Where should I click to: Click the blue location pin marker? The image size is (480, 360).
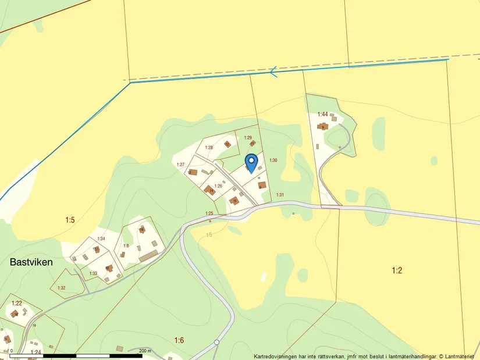(251, 161)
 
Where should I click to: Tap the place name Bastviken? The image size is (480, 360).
(31, 262)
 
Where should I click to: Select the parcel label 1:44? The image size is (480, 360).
(322, 115)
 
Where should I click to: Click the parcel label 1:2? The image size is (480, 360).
(397, 270)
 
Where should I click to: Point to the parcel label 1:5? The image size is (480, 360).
(70, 220)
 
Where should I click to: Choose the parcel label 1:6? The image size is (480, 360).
(179, 340)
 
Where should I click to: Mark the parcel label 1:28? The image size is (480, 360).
(209, 148)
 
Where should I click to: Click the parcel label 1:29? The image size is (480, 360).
(248, 138)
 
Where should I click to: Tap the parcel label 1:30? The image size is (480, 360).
(273, 160)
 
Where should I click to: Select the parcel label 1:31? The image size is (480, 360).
(280, 195)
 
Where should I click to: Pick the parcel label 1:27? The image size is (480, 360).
(180, 165)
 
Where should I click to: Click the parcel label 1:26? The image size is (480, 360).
(219, 186)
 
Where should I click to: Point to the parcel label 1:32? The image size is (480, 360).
(62, 288)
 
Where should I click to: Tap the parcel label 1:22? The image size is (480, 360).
(16, 303)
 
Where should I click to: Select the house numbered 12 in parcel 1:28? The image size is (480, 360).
(227, 144)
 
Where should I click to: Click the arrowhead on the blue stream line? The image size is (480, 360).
(273, 72)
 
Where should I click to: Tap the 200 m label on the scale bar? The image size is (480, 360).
(145, 351)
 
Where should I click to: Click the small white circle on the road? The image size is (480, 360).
(216, 342)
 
